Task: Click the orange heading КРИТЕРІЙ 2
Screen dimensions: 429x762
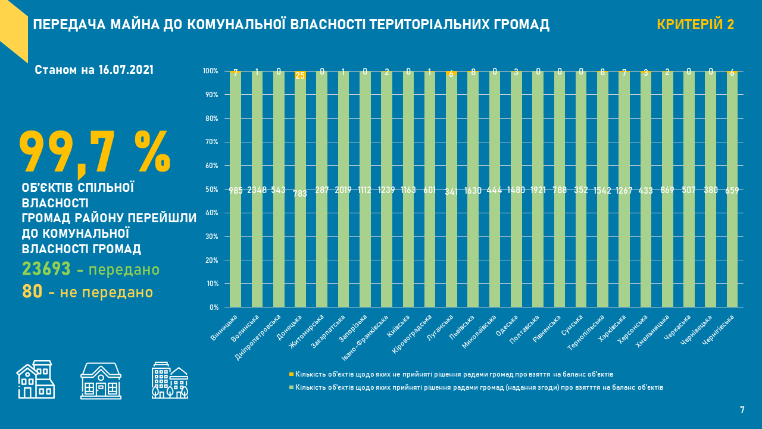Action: tap(695, 24)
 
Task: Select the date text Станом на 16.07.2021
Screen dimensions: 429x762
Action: tap(94, 70)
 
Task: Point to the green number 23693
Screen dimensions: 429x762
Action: tap(46, 269)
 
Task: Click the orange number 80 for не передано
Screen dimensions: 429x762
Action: tap(32, 292)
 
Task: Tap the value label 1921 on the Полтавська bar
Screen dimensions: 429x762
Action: tap(538, 190)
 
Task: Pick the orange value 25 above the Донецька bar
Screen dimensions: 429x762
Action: tap(300, 76)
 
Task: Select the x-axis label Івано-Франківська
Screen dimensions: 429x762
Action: tap(366, 338)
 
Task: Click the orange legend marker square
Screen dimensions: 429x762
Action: tap(291, 374)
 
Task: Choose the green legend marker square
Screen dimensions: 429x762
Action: tap(291, 387)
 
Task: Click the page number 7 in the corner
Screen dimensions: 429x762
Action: tap(742, 410)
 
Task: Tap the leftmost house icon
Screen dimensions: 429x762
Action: tap(35, 380)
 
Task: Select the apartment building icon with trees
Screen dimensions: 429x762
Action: tap(170, 380)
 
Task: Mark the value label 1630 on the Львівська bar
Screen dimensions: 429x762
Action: tap(473, 191)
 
